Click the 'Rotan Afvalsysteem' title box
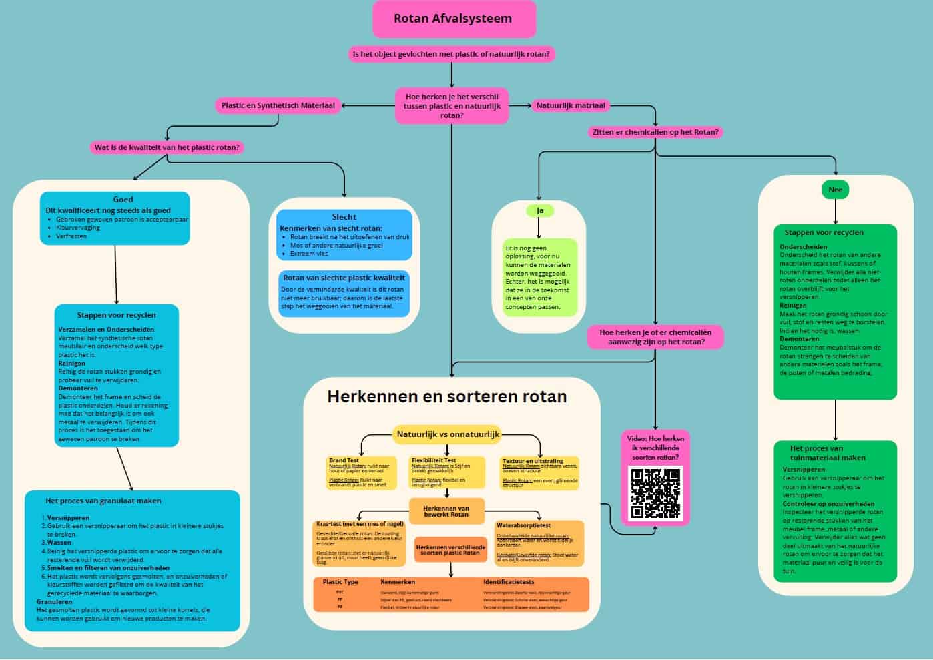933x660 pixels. (453, 19)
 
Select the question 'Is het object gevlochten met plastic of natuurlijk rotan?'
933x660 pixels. (452, 54)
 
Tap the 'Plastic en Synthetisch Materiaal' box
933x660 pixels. (278, 105)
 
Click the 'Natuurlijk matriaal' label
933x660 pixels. (571, 105)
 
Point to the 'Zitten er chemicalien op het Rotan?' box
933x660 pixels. (655, 132)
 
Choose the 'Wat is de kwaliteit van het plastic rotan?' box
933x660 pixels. (167, 147)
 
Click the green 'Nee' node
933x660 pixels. (835, 190)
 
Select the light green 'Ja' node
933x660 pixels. (540, 210)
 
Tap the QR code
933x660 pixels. (655, 493)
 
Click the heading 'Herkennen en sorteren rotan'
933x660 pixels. (446, 396)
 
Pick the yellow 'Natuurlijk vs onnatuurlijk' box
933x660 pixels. (448, 434)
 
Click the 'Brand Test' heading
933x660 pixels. (344, 460)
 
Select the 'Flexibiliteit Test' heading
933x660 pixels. (434, 460)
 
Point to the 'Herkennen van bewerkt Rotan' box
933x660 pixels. (446, 511)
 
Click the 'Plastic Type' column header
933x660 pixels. (340, 582)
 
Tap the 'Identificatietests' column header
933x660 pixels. (509, 582)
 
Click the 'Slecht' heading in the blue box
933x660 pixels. (344, 217)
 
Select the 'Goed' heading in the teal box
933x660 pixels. (123, 200)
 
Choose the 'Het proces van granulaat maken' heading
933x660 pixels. (103, 501)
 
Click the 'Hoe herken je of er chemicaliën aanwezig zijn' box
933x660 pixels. (655, 337)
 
